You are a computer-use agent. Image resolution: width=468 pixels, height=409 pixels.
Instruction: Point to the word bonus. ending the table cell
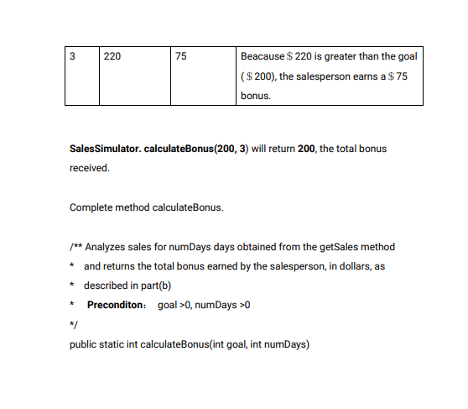click(x=256, y=97)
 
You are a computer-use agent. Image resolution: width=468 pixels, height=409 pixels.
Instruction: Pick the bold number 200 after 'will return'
click(x=307, y=149)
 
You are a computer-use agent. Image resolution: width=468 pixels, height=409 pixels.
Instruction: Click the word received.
click(x=89, y=168)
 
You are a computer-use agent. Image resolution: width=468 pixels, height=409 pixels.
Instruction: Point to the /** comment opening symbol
click(x=75, y=247)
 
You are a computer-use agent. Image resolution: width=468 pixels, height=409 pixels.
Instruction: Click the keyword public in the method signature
click(x=82, y=343)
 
